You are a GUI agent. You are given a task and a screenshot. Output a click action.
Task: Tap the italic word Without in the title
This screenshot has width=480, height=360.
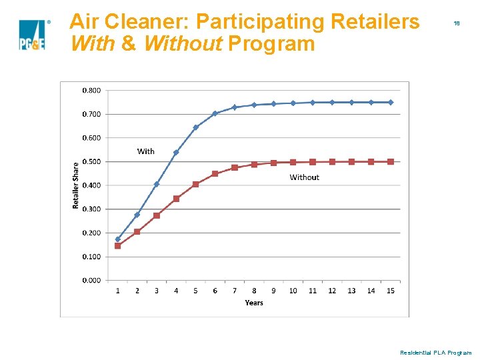point(182,44)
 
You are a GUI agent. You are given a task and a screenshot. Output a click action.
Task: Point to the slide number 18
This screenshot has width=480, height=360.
point(457,23)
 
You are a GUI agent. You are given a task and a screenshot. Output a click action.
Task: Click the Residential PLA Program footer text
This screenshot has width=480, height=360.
point(435,352)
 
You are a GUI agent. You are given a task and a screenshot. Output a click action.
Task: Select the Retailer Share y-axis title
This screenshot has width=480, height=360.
point(76,185)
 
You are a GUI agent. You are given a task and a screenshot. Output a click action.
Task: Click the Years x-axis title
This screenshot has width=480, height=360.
point(254,303)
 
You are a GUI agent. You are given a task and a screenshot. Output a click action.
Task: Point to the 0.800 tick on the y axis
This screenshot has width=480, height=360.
point(92,90)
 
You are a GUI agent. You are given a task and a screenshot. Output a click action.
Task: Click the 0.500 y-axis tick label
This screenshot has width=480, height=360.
point(92,161)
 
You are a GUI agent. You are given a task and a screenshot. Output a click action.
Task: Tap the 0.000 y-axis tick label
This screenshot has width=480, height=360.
point(92,281)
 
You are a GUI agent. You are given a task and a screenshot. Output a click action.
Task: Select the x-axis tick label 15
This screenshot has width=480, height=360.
point(391,291)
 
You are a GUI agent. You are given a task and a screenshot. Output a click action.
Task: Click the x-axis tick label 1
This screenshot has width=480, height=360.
point(117,291)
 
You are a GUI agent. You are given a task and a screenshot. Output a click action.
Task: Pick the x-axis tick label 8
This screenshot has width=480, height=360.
point(254,291)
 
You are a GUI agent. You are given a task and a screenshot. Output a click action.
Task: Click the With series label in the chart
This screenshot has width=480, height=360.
point(145,151)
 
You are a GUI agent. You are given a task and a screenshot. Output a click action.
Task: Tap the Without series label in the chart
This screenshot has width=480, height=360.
point(304,177)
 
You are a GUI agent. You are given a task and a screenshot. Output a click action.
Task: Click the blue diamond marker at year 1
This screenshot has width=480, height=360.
point(117,239)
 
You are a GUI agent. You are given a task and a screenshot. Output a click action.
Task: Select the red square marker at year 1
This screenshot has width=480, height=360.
point(117,245)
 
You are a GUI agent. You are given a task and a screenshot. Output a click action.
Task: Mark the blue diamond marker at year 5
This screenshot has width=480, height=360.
point(196,127)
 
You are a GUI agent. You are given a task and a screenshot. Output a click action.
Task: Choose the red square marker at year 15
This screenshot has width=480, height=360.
point(391,161)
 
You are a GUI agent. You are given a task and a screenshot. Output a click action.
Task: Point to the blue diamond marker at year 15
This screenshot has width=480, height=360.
point(391,102)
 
